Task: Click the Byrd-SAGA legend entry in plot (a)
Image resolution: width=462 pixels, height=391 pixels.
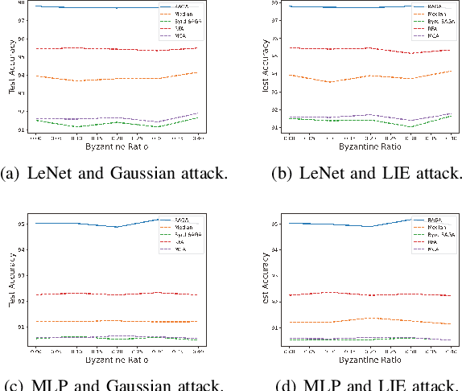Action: pos(184,22)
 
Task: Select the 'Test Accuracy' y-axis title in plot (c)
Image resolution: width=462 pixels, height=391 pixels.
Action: pos(10,282)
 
